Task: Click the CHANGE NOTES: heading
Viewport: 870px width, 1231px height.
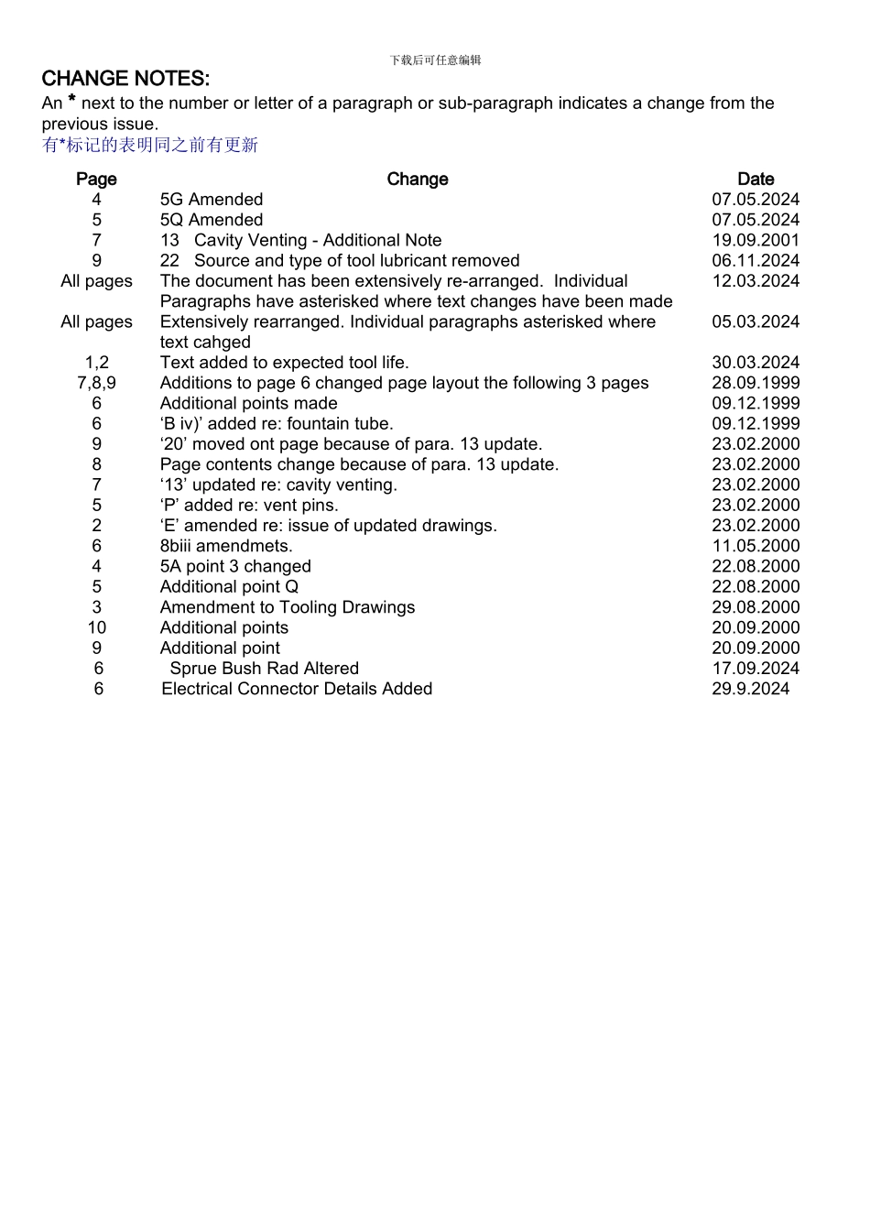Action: pos(125,79)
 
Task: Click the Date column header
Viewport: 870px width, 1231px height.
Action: pos(756,180)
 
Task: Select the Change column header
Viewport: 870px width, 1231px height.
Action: pos(418,180)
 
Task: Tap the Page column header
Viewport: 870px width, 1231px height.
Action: pos(96,180)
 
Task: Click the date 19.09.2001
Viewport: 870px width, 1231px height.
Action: pos(756,241)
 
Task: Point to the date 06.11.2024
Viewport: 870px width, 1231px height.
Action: pos(756,261)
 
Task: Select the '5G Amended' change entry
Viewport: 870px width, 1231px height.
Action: pos(212,200)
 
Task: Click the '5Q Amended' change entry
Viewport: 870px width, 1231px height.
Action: pos(212,220)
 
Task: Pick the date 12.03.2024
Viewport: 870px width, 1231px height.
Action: pos(756,281)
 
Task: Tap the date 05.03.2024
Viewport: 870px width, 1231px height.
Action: pos(756,322)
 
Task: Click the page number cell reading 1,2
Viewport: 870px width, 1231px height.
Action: pos(96,363)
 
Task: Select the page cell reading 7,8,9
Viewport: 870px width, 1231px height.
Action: pos(96,383)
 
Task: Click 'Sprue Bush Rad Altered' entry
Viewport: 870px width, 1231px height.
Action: pos(264,669)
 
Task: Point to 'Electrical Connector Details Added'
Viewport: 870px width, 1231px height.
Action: pos(297,689)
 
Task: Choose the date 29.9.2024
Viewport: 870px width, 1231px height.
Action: pos(750,689)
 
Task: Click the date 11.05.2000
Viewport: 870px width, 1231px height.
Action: pos(756,546)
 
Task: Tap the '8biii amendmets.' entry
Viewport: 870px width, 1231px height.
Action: pos(226,546)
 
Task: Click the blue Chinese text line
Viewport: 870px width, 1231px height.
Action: pos(150,145)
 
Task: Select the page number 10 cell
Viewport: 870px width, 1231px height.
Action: pos(96,627)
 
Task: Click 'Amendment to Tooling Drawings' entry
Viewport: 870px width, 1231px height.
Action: pos(287,607)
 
